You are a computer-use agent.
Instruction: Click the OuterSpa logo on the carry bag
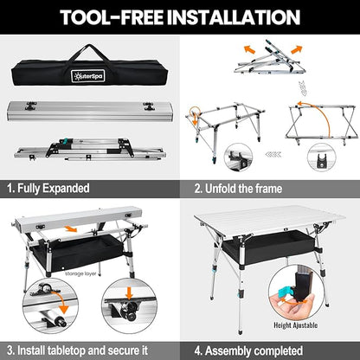88,76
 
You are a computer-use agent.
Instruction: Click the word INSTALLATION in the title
234,17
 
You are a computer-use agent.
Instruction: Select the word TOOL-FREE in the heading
112,17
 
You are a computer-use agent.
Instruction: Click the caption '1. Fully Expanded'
48,189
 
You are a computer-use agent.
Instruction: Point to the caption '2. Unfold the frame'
238,189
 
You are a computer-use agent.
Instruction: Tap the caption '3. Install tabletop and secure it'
77,350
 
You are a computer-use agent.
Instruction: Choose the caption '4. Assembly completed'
248,351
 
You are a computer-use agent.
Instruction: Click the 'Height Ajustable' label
295,325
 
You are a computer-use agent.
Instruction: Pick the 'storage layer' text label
80,273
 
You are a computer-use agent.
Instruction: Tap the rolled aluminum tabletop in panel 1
90,111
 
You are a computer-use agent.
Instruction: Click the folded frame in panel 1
90,150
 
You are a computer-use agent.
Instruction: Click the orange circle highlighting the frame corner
195,112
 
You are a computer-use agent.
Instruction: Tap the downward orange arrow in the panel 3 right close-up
129,292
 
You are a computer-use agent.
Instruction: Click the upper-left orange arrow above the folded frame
249,49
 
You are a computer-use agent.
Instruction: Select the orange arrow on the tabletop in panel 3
71,228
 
